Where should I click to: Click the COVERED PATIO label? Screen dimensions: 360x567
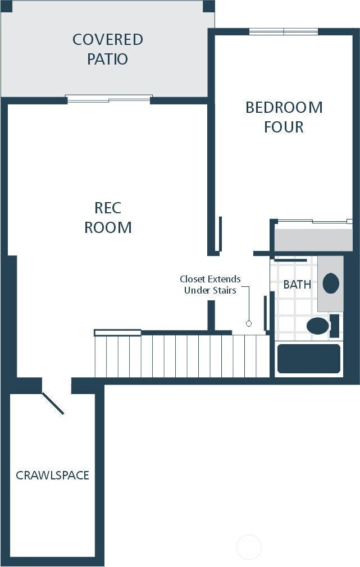point(107,49)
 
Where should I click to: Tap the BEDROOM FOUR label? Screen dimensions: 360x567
point(284,117)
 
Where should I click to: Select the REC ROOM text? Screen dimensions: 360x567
point(108,218)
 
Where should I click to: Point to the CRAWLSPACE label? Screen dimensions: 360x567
point(52,475)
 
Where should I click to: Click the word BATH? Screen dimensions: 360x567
point(297,285)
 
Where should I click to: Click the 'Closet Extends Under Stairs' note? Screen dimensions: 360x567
point(210,285)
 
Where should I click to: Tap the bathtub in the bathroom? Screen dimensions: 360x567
point(309,358)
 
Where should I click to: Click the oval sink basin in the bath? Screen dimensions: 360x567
point(331,283)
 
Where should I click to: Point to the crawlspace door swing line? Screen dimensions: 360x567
point(53,403)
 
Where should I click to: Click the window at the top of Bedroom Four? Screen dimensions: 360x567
point(284,32)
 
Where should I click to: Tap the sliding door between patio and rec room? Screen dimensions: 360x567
point(108,99)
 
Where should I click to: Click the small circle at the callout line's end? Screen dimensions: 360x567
point(249,323)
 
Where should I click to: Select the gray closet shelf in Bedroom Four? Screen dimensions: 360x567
point(313,239)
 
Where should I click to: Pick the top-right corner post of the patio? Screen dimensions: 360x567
point(209,6)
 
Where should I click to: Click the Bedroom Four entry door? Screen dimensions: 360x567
point(220,234)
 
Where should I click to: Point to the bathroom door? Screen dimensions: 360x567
point(266,313)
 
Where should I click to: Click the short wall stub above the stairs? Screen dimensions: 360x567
point(211,315)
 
